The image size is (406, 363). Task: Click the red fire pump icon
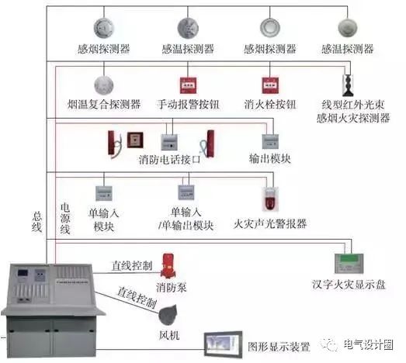pyautogui.click(x=168, y=266)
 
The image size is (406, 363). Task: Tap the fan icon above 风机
pyautogui.click(x=168, y=315)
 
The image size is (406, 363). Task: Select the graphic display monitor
pyautogui.click(x=223, y=344)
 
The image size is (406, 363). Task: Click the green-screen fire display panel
pyautogui.click(x=349, y=264)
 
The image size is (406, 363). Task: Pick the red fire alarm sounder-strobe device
pyautogui.click(x=270, y=199)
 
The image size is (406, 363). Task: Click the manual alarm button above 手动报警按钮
pyautogui.click(x=188, y=85)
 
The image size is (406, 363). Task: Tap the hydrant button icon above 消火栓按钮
pyautogui.click(x=270, y=85)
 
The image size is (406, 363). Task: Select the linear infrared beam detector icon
pyautogui.click(x=348, y=85)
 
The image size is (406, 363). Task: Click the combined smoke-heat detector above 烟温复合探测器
pyautogui.click(x=104, y=85)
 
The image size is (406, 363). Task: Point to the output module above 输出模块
pyautogui.click(x=270, y=141)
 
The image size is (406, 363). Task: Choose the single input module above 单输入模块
pyautogui.click(x=104, y=193)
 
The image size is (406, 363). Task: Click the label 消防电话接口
pyautogui.click(x=170, y=160)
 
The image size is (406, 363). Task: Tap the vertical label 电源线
pyautogui.click(x=65, y=219)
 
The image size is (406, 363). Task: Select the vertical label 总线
pyautogui.click(x=37, y=222)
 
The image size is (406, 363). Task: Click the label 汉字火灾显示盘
pyautogui.click(x=349, y=285)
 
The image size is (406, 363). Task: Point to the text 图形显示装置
pyautogui.click(x=279, y=347)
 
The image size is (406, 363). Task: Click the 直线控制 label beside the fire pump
pyautogui.click(x=132, y=266)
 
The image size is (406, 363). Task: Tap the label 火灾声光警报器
pyautogui.click(x=270, y=224)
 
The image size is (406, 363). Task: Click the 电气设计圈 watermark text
pyautogui.click(x=369, y=344)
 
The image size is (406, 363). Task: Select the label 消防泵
pyautogui.click(x=171, y=287)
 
